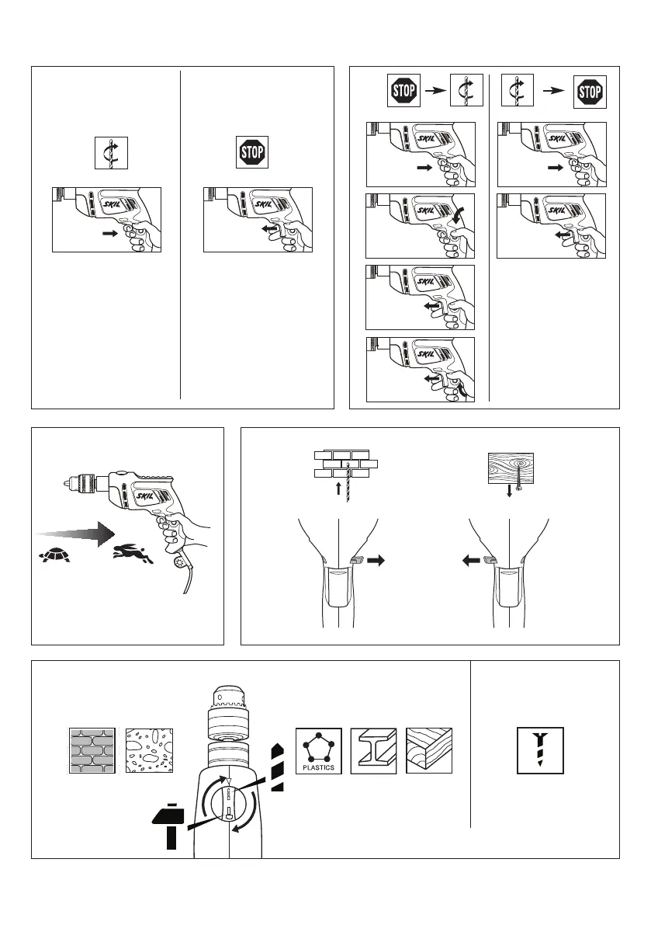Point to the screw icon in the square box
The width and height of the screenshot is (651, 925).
(x=541, y=750)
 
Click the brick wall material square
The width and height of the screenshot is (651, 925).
(x=92, y=751)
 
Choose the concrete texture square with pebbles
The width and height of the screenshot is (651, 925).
(x=150, y=751)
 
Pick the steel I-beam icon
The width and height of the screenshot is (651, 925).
(x=373, y=751)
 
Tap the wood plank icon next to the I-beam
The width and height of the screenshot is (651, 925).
(x=429, y=751)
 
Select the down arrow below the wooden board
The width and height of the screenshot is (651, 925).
(x=510, y=491)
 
